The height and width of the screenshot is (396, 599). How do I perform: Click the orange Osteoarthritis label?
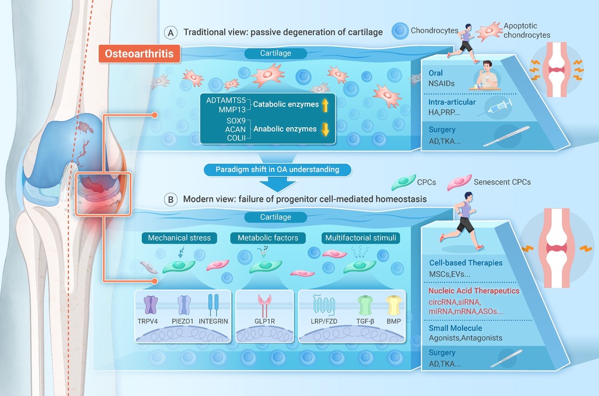pyautogui.click(x=140, y=53)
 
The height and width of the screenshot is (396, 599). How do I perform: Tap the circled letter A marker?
pyautogui.click(x=171, y=33)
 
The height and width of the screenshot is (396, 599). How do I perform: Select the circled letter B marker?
pyautogui.click(x=171, y=199)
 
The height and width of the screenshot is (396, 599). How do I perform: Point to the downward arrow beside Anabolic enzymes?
pyautogui.click(x=325, y=129)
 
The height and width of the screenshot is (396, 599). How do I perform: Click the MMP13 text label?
pyautogui.click(x=232, y=110)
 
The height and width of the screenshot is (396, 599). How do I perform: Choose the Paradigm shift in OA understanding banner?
pyautogui.click(x=277, y=170)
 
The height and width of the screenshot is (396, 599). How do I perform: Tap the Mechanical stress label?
pyautogui.click(x=179, y=238)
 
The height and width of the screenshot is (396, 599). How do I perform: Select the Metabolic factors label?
pyautogui.click(x=268, y=238)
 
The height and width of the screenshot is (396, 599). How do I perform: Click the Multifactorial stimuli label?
pyautogui.click(x=361, y=238)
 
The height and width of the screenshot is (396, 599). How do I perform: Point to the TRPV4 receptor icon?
pyautogui.click(x=151, y=305)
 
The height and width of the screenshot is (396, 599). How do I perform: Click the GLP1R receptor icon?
pyautogui.click(x=264, y=305)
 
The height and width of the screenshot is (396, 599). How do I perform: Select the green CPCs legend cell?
pyautogui.click(x=403, y=183)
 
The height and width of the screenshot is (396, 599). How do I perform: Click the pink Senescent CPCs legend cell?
pyautogui.click(x=459, y=183)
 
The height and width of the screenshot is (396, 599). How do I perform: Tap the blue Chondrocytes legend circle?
pyautogui.click(x=400, y=31)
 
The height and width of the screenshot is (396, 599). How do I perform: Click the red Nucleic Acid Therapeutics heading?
pyautogui.click(x=474, y=291)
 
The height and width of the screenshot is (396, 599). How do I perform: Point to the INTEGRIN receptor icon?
pyautogui.click(x=213, y=305)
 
